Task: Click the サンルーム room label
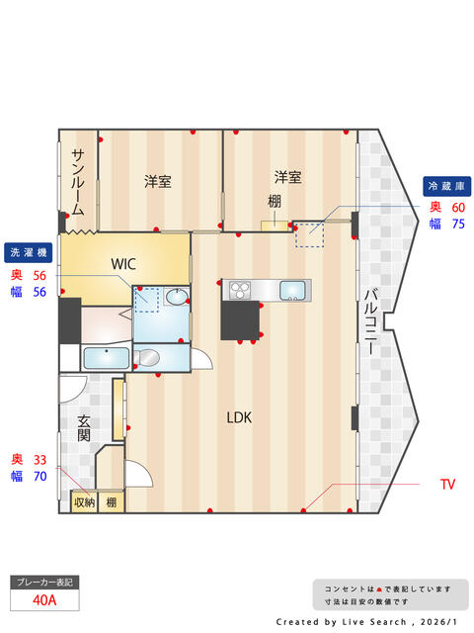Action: click(x=77, y=183)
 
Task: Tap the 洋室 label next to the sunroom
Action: click(x=157, y=182)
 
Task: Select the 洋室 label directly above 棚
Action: click(x=287, y=178)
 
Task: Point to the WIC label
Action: click(x=123, y=264)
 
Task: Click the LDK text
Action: click(x=239, y=417)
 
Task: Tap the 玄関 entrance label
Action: click(x=85, y=428)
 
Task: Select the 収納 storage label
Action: click(x=84, y=502)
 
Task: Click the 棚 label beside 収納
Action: click(x=111, y=502)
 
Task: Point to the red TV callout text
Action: click(x=447, y=485)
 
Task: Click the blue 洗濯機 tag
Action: click(x=29, y=251)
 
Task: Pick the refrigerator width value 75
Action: click(x=458, y=225)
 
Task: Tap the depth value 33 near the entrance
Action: click(x=40, y=459)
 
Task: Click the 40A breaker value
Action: click(x=42, y=599)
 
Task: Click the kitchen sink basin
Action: click(x=293, y=290)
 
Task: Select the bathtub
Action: click(x=104, y=358)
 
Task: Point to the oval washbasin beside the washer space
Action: click(x=175, y=296)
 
